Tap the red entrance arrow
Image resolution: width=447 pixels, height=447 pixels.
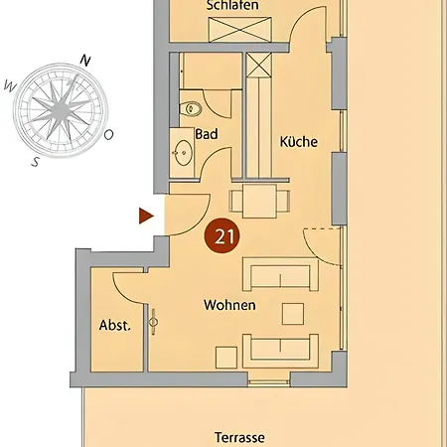point(146,216)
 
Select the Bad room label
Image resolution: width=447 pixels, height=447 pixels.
point(207,134)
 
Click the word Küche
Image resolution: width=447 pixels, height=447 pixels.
point(299,142)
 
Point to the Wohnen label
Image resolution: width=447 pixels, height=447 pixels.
point(229,305)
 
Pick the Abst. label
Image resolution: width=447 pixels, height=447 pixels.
point(115,325)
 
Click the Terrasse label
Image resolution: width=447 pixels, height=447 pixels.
point(239,437)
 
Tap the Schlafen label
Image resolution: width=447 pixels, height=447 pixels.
point(232,5)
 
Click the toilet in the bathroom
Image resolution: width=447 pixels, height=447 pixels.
point(191,108)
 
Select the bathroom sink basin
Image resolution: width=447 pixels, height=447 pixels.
point(184,153)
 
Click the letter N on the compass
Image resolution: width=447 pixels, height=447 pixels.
point(85,61)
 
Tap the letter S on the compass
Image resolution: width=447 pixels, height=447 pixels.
point(36,162)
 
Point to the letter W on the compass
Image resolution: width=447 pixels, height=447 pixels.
point(10,87)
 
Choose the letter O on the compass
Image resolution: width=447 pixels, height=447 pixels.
point(108,134)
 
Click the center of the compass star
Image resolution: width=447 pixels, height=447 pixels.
point(61,109)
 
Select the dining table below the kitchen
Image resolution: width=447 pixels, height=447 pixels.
point(259,201)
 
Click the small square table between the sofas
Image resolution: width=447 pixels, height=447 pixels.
point(293,314)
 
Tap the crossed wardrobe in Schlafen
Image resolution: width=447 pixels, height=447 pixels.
point(240,30)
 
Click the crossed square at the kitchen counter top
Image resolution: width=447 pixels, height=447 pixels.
point(259,65)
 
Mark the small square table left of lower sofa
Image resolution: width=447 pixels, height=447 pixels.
point(226,358)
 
